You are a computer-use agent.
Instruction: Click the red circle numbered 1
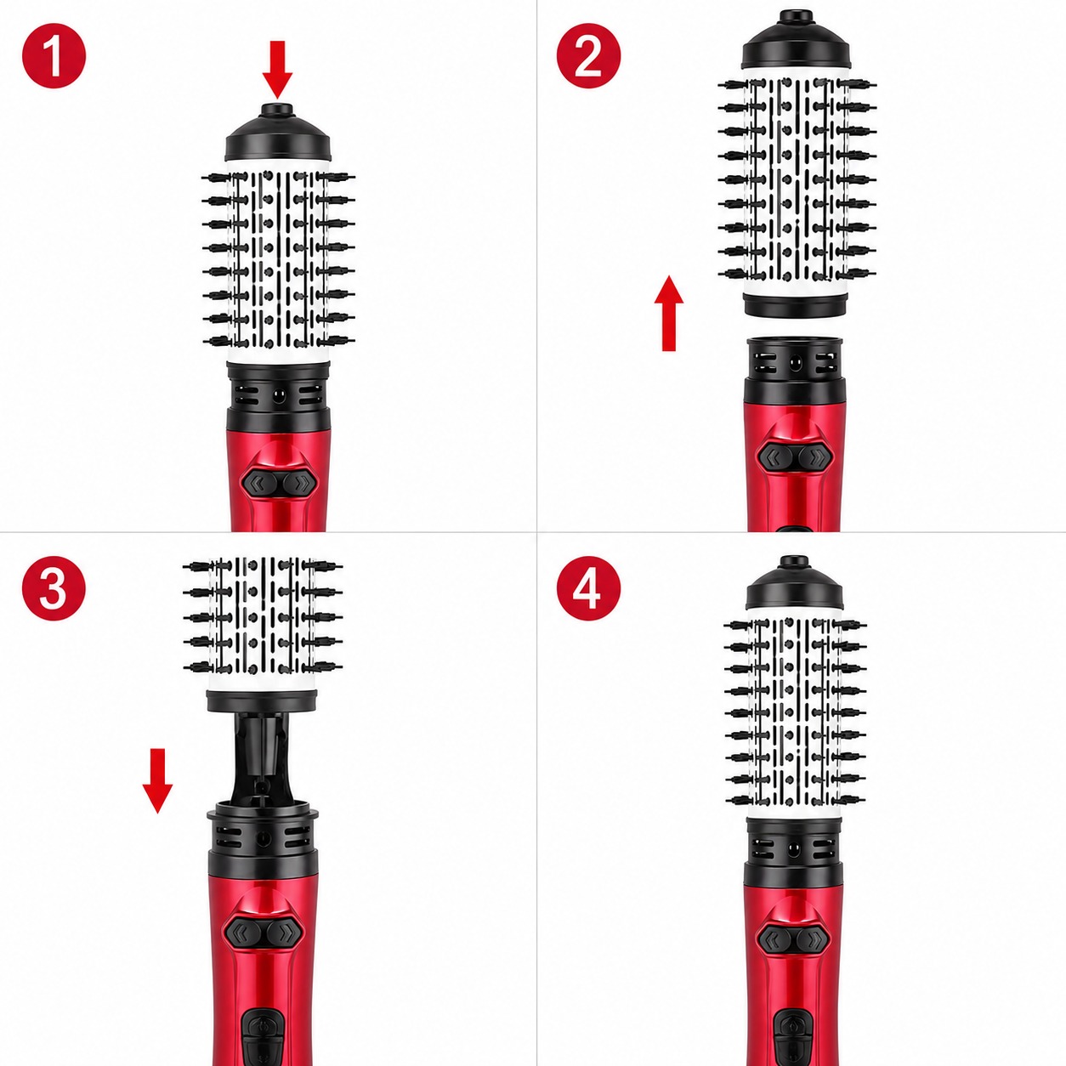(54, 56)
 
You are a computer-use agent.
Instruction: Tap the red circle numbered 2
(588, 56)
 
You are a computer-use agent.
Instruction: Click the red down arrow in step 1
(277, 69)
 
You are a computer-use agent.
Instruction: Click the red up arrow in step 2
(669, 313)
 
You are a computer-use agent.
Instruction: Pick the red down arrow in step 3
(157, 780)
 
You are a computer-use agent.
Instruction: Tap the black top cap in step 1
(278, 133)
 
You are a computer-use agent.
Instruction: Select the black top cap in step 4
(794, 584)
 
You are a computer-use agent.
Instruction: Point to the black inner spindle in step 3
(262, 753)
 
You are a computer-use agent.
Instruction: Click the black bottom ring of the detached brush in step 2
(796, 305)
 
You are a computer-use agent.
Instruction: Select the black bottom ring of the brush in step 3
(262, 701)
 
